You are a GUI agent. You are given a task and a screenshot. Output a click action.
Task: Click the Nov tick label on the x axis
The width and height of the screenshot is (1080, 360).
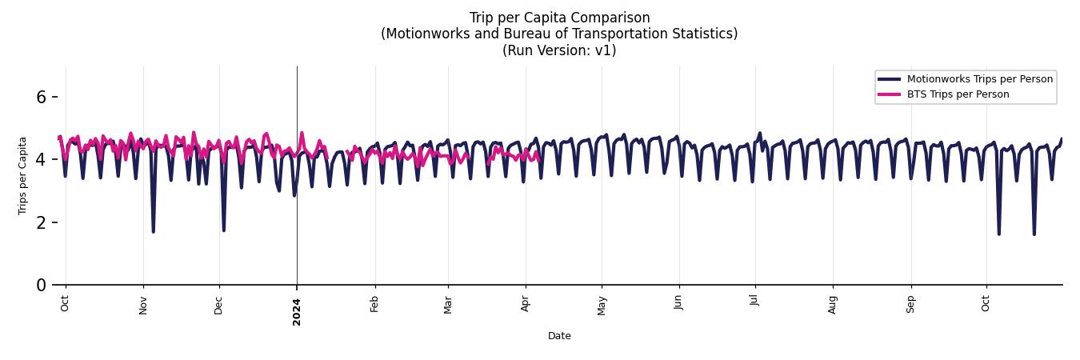[x=143, y=305]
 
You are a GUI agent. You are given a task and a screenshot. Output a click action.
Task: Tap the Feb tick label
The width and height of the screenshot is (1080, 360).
[x=374, y=304]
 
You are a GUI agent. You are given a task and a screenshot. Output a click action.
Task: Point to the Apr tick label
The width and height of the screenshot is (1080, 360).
[x=526, y=304]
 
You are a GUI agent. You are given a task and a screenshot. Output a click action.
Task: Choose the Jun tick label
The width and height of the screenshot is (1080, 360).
[x=678, y=304]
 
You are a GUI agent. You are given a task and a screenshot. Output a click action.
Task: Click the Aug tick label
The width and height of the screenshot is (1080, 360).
[x=833, y=305]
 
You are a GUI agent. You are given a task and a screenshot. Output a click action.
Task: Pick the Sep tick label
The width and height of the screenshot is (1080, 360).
[x=910, y=304]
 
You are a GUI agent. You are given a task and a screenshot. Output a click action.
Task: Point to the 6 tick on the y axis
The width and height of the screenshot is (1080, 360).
[x=42, y=97]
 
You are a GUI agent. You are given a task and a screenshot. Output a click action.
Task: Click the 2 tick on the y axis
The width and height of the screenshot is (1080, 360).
[x=42, y=222]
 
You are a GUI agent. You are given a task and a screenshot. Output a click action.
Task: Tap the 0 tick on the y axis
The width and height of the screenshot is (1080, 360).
[x=42, y=285]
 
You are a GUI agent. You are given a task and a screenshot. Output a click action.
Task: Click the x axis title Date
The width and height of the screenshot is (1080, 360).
[x=559, y=336]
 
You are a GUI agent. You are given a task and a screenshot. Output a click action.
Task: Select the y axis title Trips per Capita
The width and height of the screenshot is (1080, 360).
[x=22, y=175]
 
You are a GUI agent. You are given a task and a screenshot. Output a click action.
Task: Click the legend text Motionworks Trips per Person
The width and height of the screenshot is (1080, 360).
[x=979, y=79]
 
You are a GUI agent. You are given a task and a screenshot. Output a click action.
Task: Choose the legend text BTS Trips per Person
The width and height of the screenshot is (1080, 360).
[x=958, y=94]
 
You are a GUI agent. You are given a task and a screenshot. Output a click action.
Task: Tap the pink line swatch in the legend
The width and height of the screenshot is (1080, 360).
[x=889, y=94]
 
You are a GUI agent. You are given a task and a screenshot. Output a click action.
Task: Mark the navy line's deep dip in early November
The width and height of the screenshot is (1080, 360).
[x=153, y=231]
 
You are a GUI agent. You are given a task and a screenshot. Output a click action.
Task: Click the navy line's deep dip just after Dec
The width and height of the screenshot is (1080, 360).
[x=223, y=230]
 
